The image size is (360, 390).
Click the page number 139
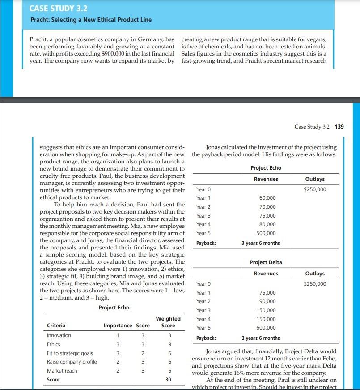(x=339, y=127)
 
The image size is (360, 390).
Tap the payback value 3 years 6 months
(x=261, y=243)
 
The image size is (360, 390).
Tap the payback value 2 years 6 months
(x=261, y=338)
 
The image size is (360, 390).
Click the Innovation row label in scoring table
(x=59, y=335)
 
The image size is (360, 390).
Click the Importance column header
(x=118, y=326)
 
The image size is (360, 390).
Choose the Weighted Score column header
(x=168, y=322)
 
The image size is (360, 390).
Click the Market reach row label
(x=62, y=371)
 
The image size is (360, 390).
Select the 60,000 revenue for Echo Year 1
(x=267, y=198)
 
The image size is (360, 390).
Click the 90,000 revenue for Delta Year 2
(x=267, y=301)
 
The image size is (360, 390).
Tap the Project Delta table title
(x=266, y=262)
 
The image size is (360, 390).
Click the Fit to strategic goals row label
(x=70, y=353)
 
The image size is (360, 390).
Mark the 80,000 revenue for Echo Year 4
(x=267, y=224)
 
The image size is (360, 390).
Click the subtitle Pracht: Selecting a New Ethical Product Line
(x=91, y=20)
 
